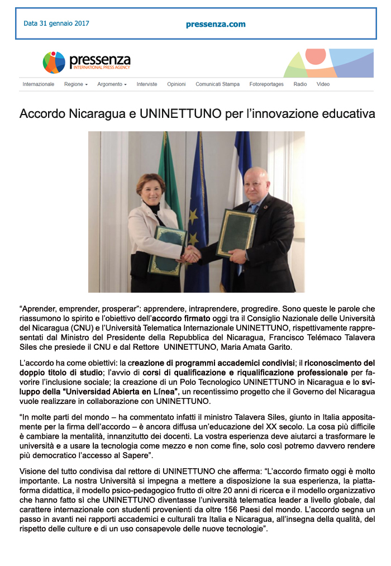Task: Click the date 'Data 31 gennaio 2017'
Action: click(x=56, y=23)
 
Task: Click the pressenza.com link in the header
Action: click(x=216, y=24)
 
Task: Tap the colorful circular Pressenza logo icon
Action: click(x=54, y=62)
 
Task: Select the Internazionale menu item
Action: click(x=39, y=84)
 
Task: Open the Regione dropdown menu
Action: click(x=76, y=84)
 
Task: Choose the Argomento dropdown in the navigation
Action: click(x=112, y=84)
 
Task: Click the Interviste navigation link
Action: click(x=147, y=84)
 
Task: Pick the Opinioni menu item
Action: click(x=177, y=84)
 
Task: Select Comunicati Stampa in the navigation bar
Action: click(x=217, y=84)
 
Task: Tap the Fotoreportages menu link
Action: click(x=266, y=84)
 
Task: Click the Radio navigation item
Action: click(x=300, y=84)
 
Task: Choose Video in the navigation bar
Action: click(x=323, y=84)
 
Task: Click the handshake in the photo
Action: click(x=191, y=254)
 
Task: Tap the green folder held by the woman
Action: click(x=167, y=250)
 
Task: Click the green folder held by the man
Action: click(x=236, y=234)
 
